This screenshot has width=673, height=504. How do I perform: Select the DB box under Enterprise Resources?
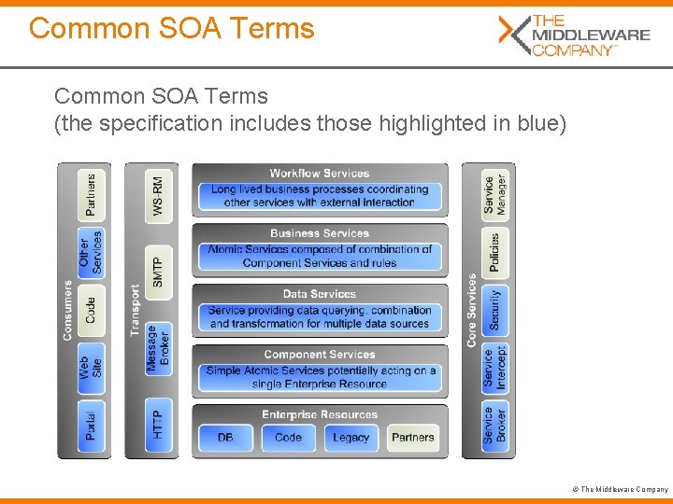225,437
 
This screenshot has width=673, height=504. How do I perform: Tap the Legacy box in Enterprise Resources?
351,437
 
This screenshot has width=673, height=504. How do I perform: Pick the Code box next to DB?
288,437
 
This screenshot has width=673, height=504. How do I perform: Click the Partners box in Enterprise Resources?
412,437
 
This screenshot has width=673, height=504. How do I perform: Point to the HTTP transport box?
159,425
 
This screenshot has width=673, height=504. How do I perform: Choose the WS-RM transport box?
159,196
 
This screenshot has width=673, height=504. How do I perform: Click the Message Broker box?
159,349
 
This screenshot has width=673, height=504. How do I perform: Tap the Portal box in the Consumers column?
91,425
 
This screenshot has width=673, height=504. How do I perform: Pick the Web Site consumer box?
91,367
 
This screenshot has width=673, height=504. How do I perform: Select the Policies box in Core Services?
495,252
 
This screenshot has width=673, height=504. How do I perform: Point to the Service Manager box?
495,195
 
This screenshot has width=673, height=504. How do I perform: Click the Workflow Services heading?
320,173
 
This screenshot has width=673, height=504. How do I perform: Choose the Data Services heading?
320,294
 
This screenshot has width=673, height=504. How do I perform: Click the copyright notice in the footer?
623,489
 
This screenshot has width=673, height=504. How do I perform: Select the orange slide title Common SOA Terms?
172,28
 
